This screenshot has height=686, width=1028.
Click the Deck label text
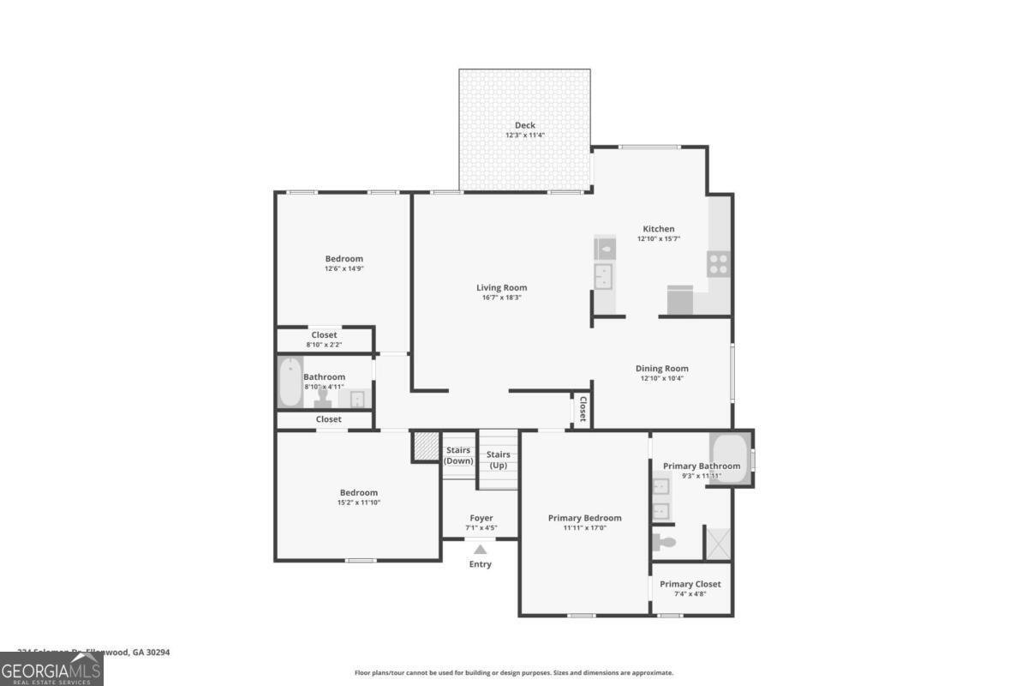click(x=524, y=125)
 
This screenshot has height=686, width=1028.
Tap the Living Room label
click(x=502, y=288)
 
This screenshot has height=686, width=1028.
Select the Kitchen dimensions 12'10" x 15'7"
click(x=659, y=239)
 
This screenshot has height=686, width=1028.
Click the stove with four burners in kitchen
click(x=718, y=264)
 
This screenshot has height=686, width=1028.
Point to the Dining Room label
click(x=662, y=369)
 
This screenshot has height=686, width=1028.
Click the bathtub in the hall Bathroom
click(x=290, y=382)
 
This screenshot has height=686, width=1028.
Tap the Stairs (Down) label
click(x=458, y=455)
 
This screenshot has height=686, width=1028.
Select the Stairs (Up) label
click(x=499, y=460)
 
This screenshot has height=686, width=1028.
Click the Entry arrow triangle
click(x=481, y=550)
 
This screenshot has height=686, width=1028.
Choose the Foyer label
click(x=481, y=518)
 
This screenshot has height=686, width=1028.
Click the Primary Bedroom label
click(x=585, y=518)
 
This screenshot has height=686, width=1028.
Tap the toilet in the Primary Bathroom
click(x=664, y=542)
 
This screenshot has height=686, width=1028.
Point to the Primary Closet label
click(x=690, y=584)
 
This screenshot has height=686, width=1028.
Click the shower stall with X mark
click(x=717, y=543)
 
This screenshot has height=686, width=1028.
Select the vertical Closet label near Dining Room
click(x=583, y=409)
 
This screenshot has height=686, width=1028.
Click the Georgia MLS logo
click(x=51, y=669)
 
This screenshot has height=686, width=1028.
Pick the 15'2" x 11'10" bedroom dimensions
click(x=358, y=502)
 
